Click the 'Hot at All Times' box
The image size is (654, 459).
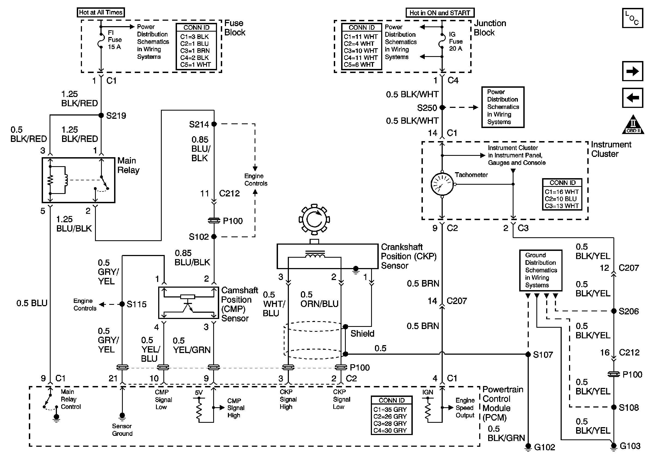pyautogui.click(x=100, y=13)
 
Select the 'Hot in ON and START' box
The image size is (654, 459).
pyautogui.click(x=439, y=13)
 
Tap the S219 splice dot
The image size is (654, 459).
pyautogui.click(x=101, y=115)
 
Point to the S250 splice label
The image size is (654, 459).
pyautogui.click(x=427, y=108)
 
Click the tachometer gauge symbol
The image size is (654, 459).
pyautogui.click(x=442, y=184)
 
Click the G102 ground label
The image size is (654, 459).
pyautogui.click(x=544, y=447)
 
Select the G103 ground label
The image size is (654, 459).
pyautogui.click(x=630, y=446)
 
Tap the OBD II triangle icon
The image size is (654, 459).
pyautogui.click(x=633, y=125)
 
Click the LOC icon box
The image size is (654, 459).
pyautogui.click(x=632, y=18)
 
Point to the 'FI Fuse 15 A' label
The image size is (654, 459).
pyautogui.click(x=115, y=40)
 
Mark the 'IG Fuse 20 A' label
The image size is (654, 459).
pyautogui.click(x=456, y=42)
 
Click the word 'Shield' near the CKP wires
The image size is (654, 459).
pyautogui.click(x=362, y=334)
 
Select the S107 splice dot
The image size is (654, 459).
pyautogui.click(x=528, y=354)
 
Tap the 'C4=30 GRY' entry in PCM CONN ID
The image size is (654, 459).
pyautogui.click(x=390, y=430)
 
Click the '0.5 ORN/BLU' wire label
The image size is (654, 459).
pyautogui.click(x=319, y=299)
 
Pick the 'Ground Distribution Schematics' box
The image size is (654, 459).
pyautogui.click(x=540, y=270)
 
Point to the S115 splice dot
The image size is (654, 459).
pyautogui.click(x=122, y=304)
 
